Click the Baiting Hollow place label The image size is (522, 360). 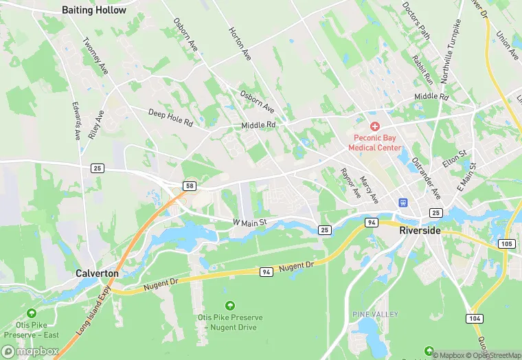tap(94, 10)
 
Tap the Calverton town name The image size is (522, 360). tap(97, 273)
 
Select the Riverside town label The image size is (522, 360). tap(420, 231)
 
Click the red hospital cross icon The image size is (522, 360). tap(374, 126)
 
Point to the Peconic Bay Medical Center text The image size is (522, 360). tap(374, 142)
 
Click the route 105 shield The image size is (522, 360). tap(507, 244)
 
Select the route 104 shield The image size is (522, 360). tap(473, 319)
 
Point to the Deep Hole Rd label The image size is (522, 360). tap(170, 117)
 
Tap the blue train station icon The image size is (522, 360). tap(403, 203)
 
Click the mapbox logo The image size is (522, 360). tap(30, 351)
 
